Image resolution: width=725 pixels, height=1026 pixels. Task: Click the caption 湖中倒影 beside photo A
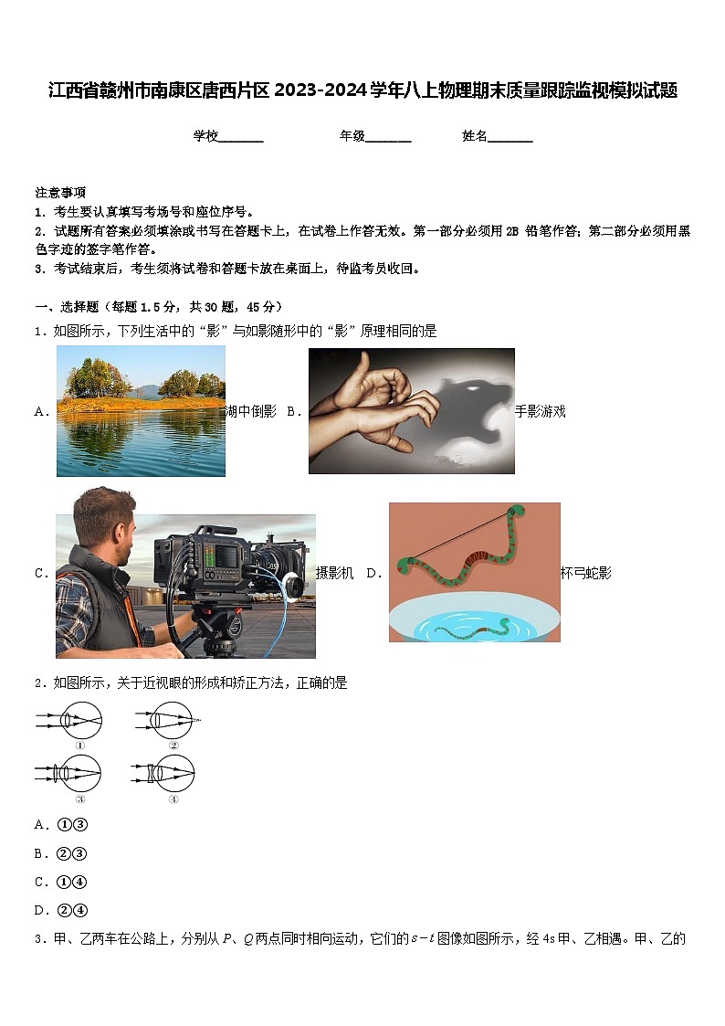(251, 412)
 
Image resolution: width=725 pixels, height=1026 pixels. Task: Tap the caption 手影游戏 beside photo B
(541, 412)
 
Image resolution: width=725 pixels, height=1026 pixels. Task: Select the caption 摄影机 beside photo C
(334, 574)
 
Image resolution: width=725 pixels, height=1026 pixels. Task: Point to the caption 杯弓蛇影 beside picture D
(586, 574)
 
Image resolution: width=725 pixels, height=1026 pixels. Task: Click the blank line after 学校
(241, 138)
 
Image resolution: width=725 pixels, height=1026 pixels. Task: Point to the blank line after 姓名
(510, 138)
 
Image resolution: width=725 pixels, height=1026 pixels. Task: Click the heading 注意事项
(60, 193)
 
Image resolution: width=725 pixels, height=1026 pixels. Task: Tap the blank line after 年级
(388, 138)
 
